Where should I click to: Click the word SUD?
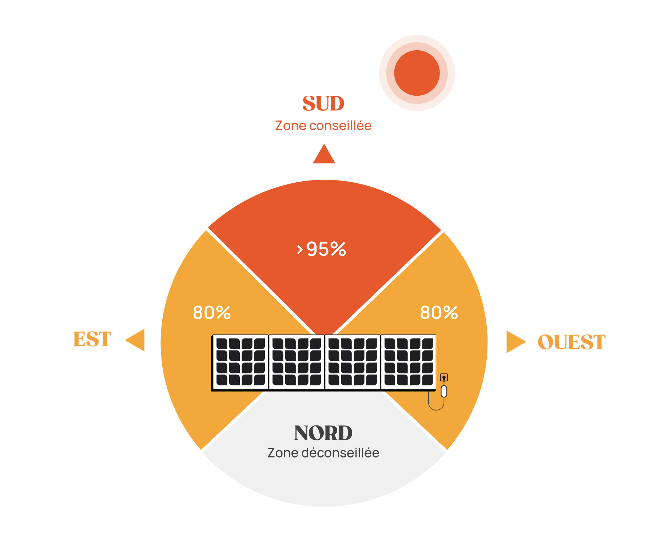pos(323,103)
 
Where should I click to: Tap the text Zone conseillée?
pos(323,126)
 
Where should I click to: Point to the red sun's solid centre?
pos(417,73)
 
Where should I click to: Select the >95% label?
pos(322,249)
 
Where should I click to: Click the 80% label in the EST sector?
pos(212,313)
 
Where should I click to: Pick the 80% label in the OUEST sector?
pos(439,313)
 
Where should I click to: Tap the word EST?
pos(92,339)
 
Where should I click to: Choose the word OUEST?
pos(571,342)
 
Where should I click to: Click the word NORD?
pos(323,433)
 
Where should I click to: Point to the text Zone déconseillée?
pos(323,453)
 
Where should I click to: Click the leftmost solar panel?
pos(240,362)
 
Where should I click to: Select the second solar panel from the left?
pos(297,362)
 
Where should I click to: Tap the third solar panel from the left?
pos(353,362)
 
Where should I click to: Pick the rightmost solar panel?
pos(409,362)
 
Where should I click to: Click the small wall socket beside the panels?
pos(444,377)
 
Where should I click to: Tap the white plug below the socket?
pos(444,392)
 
